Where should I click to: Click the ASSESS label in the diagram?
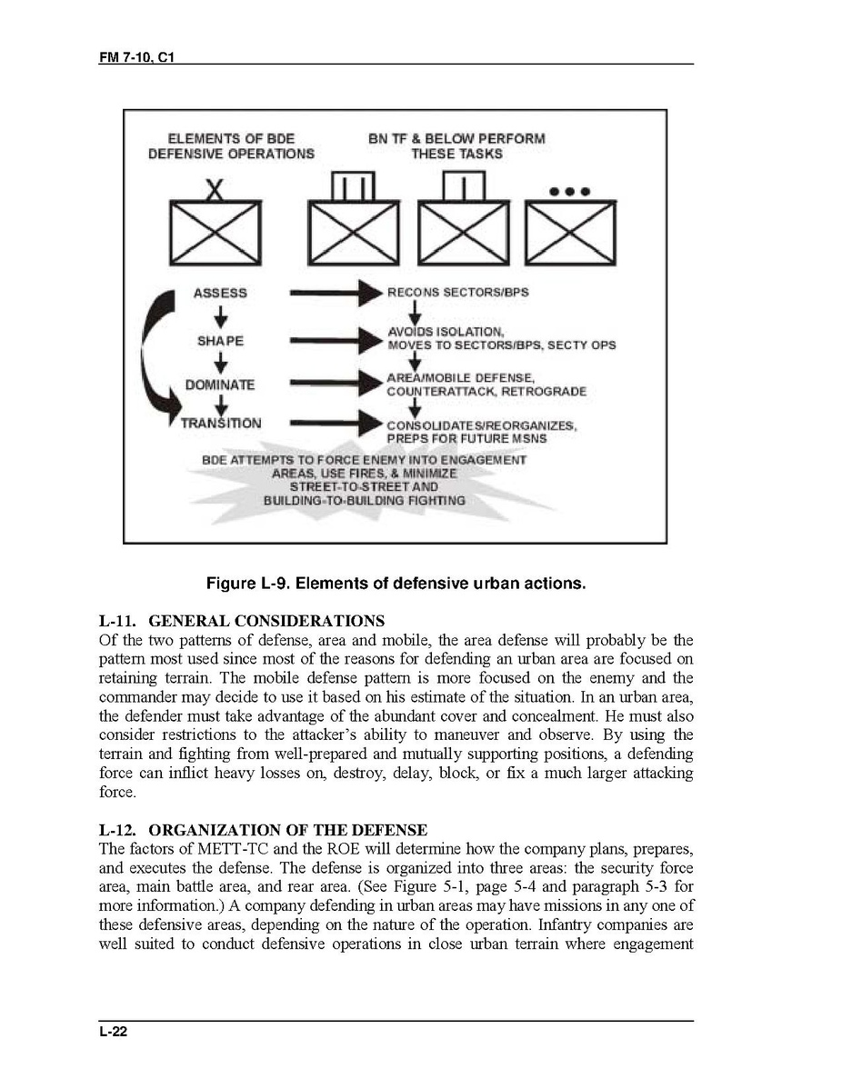(x=219, y=293)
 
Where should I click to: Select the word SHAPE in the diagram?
(x=220, y=341)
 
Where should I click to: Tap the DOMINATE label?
(x=220, y=385)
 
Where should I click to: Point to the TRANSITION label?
(x=220, y=423)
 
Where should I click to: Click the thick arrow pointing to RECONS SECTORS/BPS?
(x=334, y=293)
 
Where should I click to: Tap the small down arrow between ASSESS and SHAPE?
(x=220, y=317)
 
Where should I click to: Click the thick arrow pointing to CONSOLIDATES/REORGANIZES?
(x=334, y=423)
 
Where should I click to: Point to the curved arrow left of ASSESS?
(x=153, y=355)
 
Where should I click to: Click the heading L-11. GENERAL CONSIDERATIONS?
(x=241, y=622)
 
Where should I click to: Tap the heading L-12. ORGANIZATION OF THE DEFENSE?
(x=262, y=831)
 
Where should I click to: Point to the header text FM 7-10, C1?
(x=137, y=58)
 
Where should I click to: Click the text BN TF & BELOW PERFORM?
(x=456, y=139)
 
